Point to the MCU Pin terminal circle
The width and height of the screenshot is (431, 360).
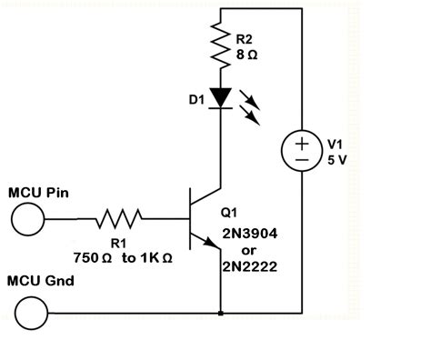(x=27, y=218)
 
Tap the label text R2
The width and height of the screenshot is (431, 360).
(x=244, y=40)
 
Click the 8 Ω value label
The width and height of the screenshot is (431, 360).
(x=246, y=56)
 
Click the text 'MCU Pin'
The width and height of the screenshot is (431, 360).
(x=34, y=193)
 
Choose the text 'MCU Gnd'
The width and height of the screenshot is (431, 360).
(x=35, y=281)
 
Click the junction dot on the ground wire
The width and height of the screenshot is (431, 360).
(x=221, y=315)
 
